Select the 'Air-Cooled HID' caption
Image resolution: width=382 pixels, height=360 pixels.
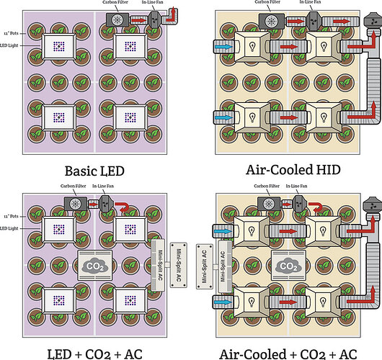point(287,171)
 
